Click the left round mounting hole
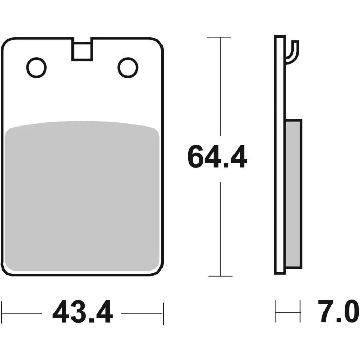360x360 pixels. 37,67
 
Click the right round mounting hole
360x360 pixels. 128,67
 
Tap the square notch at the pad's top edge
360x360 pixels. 82,50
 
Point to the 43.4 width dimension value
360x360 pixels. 82,313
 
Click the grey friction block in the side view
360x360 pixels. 293,194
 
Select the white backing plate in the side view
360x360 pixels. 280,154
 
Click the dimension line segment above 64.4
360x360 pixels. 220,87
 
